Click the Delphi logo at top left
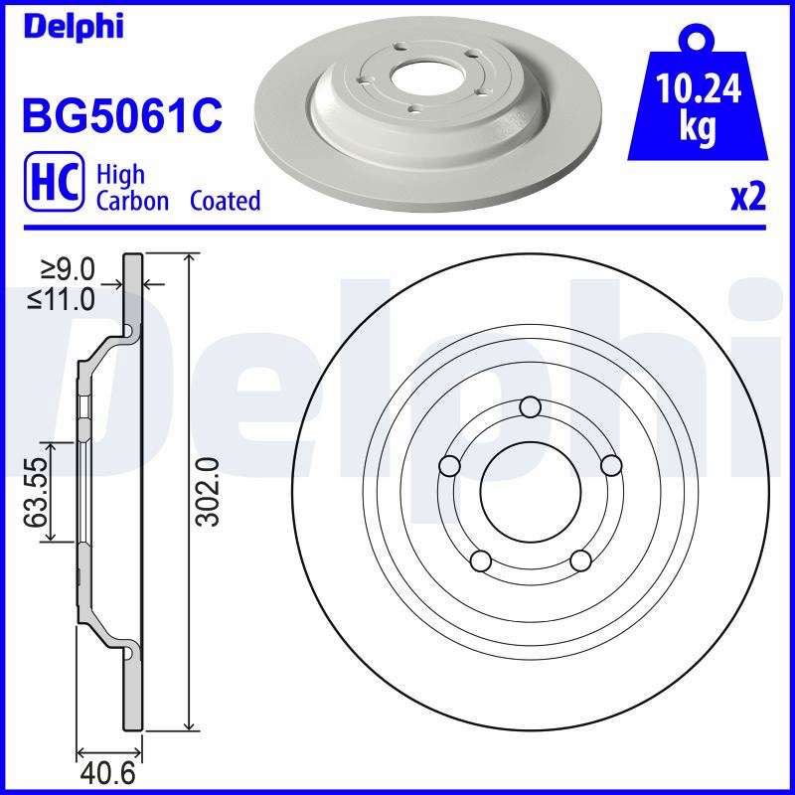(73, 27)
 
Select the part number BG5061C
(122, 114)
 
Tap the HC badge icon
(55, 182)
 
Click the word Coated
(226, 201)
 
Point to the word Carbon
(132, 201)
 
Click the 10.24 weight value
(698, 87)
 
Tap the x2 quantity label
(748, 198)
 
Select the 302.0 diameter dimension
(209, 491)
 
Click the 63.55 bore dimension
(37, 492)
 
